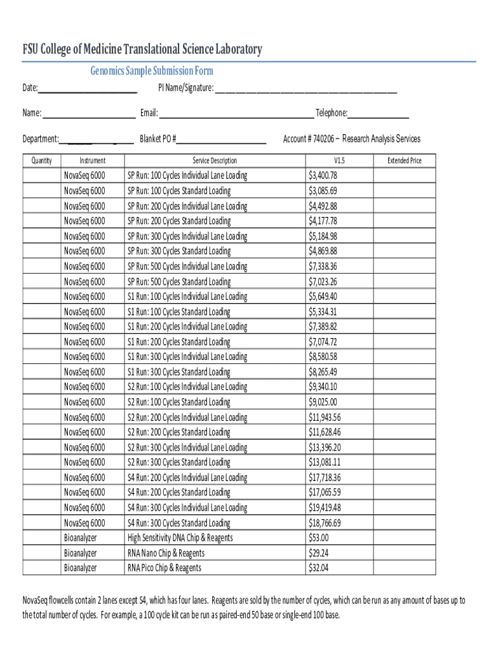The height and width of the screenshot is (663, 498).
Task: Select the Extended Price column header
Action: [x=404, y=161]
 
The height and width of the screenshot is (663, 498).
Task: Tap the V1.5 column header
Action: [x=339, y=161]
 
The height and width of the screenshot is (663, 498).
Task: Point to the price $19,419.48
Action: [x=325, y=508]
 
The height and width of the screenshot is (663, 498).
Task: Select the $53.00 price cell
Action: [x=319, y=538]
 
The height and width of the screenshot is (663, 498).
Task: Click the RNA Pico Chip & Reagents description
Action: [x=164, y=568]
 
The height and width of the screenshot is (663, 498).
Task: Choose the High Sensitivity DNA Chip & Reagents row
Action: [x=180, y=538]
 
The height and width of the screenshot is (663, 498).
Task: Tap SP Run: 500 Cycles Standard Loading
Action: [x=179, y=282]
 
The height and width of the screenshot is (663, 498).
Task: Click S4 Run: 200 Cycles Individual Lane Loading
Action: [x=187, y=477]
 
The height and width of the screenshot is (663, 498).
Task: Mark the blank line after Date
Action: [x=87, y=91]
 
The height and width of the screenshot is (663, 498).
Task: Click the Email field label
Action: [x=149, y=114]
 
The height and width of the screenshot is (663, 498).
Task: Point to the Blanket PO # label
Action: [x=158, y=139]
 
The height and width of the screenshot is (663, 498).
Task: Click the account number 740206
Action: [x=323, y=139]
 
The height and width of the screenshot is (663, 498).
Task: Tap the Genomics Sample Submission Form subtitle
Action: [x=151, y=71]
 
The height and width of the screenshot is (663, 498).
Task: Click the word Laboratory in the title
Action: [x=228, y=50]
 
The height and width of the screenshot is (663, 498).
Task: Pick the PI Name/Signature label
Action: [x=186, y=88]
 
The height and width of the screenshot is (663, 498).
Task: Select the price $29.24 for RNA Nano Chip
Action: [x=319, y=553]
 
